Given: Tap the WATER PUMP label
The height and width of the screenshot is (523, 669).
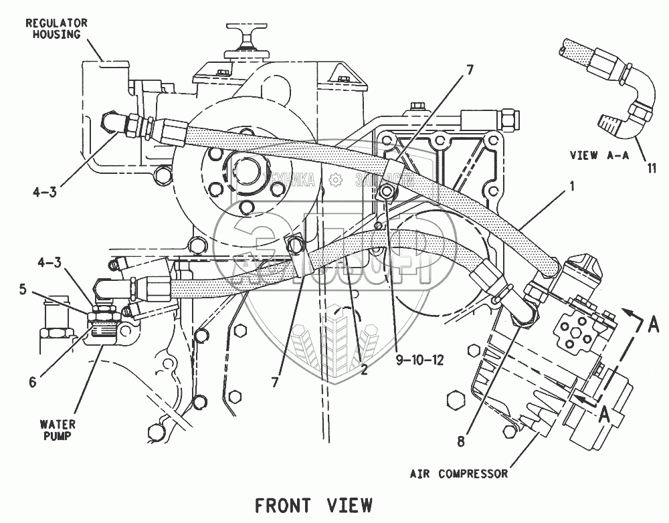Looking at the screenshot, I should point(56,431).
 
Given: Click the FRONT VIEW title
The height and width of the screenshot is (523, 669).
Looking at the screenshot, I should point(313,504).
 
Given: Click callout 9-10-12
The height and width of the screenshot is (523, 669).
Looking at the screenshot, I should point(419,359).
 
